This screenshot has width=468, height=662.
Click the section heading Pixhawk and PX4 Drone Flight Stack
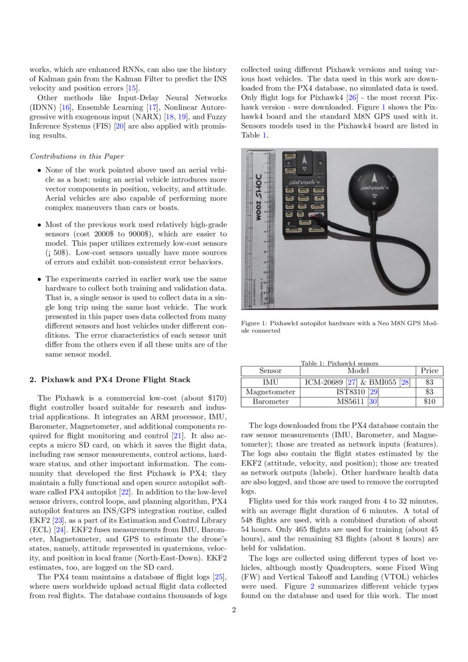click(110, 379)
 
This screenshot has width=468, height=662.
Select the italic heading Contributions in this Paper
click(77, 156)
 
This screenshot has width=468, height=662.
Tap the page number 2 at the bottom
click(234, 610)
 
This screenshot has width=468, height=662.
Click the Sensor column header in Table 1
click(270, 371)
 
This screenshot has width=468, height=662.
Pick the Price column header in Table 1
click(430, 371)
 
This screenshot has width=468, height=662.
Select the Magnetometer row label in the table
click(270, 392)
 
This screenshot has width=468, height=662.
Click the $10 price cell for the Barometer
click(430, 402)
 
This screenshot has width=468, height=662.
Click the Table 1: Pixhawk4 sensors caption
click(340, 363)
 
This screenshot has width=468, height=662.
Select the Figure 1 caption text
click(340, 327)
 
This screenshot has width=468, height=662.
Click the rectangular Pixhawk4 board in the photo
click(305, 193)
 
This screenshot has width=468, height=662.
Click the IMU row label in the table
click(270, 382)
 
